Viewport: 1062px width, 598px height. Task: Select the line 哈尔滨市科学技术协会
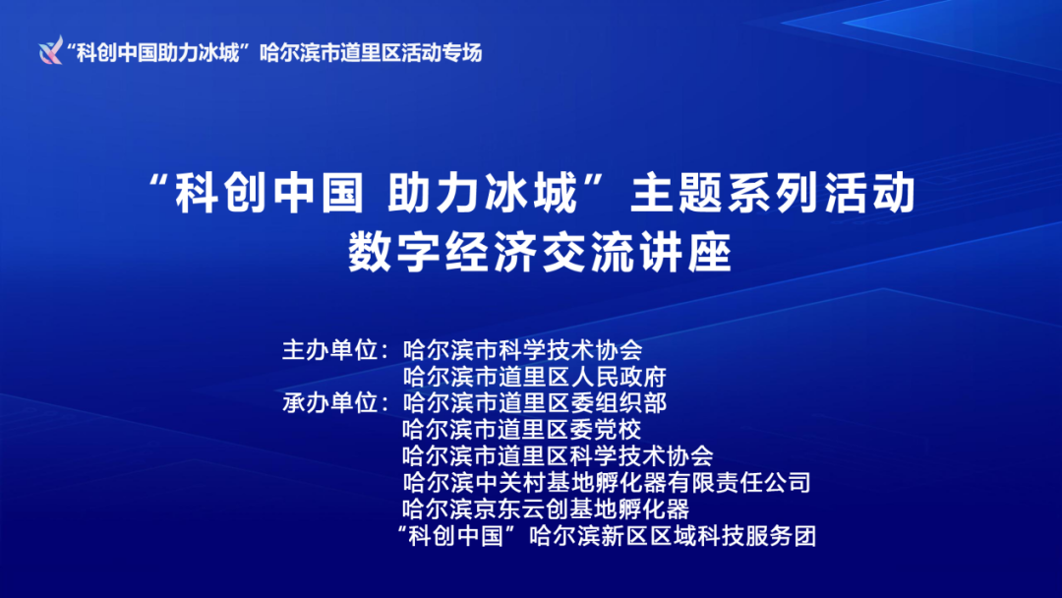click(522, 349)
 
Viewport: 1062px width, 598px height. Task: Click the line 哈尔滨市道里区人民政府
click(535, 376)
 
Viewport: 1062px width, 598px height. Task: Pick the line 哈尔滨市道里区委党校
click(522, 429)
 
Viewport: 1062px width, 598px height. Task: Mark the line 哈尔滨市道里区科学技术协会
click(558, 455)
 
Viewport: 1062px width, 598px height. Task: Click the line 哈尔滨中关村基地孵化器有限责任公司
click(607, 483)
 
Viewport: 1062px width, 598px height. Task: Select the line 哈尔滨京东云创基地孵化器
click(546, 509)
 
